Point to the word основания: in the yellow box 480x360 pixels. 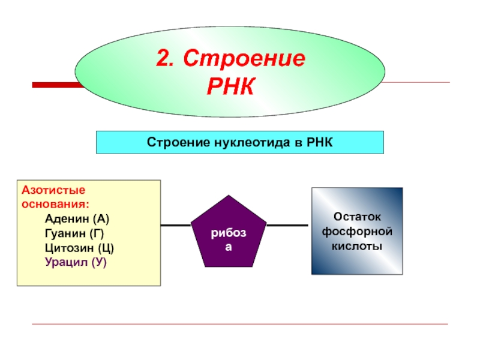tap(52, 203)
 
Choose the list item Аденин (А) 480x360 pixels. tap(76, 217)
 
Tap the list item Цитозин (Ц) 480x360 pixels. tap(79, 247)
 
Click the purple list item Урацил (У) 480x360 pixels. tap(75, 262)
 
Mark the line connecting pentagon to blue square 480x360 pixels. tap(288, 225)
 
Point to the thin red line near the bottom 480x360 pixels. tap(240, 325)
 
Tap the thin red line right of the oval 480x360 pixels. tap(420, 82)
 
